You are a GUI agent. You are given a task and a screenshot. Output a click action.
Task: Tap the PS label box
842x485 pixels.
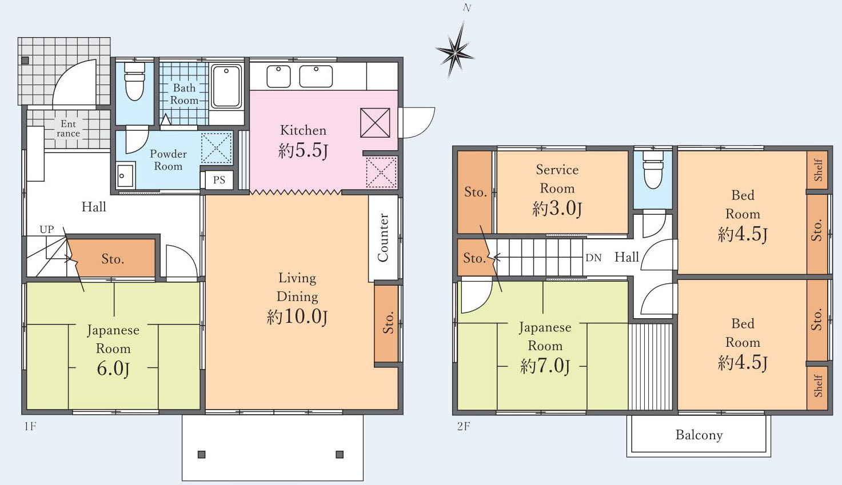pos(219,180)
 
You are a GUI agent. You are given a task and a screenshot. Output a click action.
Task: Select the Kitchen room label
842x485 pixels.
pos(303,130)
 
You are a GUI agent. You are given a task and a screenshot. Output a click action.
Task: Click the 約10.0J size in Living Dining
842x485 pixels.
pos(297,316)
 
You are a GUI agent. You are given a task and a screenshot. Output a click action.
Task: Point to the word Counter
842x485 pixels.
pos(382,238)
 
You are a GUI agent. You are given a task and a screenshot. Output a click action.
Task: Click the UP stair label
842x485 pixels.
pos(47,229)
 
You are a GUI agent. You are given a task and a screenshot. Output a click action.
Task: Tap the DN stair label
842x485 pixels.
pos(593,258)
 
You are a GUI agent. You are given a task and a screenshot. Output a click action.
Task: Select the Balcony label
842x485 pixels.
pos(699,435)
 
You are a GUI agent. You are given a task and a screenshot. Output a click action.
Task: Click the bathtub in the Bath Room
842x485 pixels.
pos(226,87)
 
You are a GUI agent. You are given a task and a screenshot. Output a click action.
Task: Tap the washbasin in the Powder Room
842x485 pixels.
pos(125,175)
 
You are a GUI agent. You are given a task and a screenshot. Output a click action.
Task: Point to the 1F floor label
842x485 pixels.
pos(30,426)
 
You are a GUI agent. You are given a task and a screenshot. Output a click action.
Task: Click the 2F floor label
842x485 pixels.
pos(464,426)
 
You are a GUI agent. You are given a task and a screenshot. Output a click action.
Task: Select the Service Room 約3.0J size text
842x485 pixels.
pos(557,209)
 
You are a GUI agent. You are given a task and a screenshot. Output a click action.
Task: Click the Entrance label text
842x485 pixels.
pos(68,129)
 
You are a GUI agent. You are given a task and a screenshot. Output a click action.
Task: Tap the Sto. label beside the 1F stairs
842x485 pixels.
pos(113,259)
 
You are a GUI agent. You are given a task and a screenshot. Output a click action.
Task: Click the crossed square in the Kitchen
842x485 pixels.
pos(375,123)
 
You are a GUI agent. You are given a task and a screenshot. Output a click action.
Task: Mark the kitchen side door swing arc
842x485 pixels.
pos(425,128)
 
